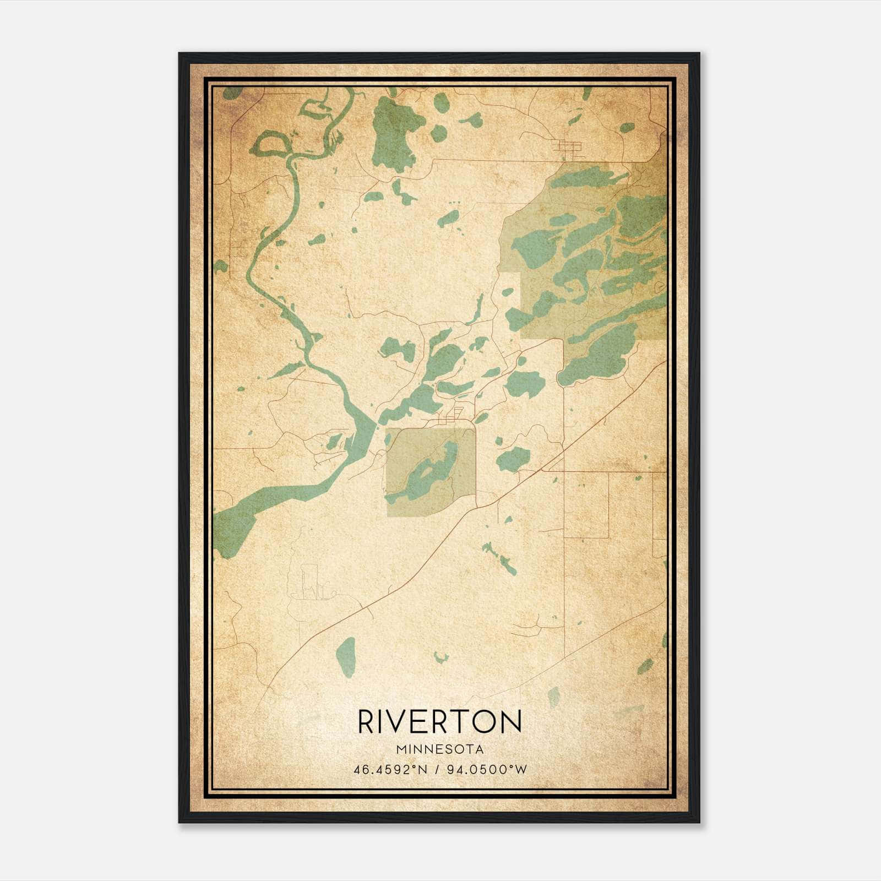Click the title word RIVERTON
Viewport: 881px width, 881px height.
point(439,722)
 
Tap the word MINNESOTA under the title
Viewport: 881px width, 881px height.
point(439,749)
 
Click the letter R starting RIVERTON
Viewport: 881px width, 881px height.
point(367,722)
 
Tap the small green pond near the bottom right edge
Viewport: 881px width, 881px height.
point(645,666)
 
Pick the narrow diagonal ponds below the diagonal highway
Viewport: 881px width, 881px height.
point(500,559)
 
